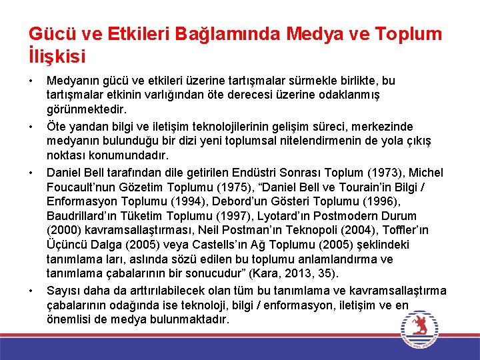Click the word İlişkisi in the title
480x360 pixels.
tap(57, 55)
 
